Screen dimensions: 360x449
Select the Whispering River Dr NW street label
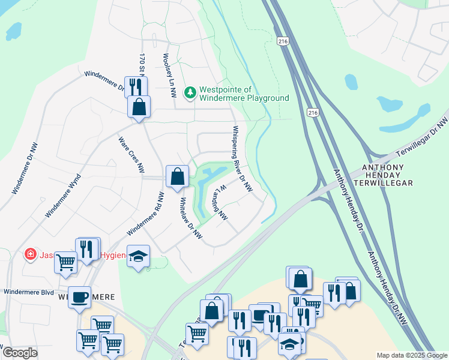click(242, 159)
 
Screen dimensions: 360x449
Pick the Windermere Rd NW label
click(145, 214)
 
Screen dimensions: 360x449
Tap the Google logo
click(19, 353)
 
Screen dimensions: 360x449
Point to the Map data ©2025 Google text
click(411, 355)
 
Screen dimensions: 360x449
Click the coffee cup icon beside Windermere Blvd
click(79, 296)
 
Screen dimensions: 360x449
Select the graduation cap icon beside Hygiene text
click(139, 256)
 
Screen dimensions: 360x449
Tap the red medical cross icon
click(29, 255)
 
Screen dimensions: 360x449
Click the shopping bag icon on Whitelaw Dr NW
click(177, 176)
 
